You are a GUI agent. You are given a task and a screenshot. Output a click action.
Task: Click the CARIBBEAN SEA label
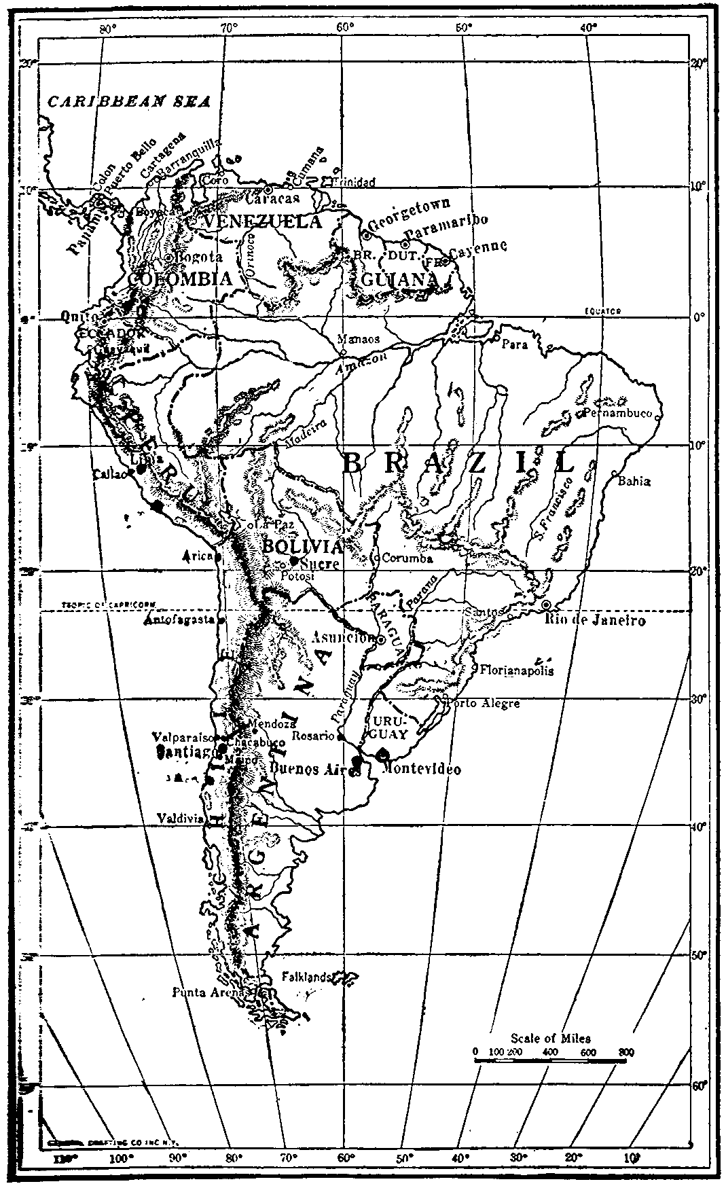point(128,101)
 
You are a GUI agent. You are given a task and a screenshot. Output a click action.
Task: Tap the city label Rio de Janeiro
point(596,620)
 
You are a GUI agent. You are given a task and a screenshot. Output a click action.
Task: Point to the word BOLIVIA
point(302,547)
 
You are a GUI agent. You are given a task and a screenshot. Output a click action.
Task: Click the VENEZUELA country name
point(263,222)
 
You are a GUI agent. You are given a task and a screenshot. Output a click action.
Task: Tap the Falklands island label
point(306,977)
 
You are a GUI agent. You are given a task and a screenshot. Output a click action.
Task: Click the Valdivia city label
point(179,819)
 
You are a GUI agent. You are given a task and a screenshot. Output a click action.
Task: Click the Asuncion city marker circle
point(381,639)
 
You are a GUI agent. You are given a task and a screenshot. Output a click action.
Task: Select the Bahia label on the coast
point(635,480)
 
